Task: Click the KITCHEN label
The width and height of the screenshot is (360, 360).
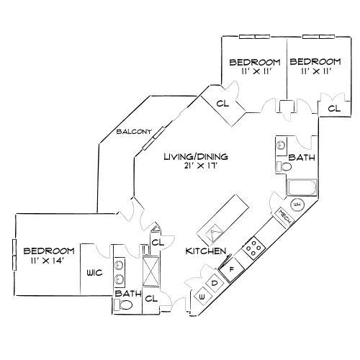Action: tap(207, 251)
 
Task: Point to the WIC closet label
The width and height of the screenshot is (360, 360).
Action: tap(95, 274)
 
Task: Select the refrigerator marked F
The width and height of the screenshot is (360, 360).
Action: tap(232, 270)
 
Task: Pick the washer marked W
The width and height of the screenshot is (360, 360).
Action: tap(201, 296)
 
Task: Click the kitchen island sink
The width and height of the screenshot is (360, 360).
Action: tap(214, 232)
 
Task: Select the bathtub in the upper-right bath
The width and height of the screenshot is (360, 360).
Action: tap(299, 189)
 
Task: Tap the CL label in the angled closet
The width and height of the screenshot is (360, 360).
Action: tap(222, 104)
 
